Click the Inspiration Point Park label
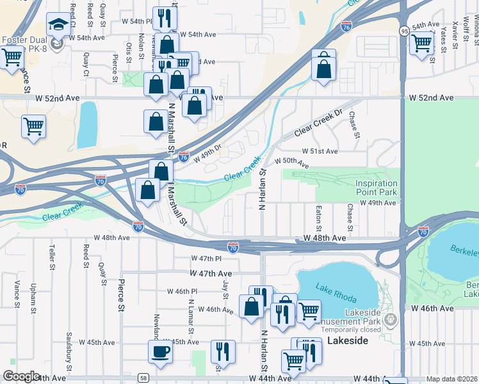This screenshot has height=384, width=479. (376, 188)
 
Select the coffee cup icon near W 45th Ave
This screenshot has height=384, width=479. (160, 351)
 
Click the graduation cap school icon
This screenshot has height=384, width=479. (59, 26)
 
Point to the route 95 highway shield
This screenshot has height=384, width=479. (404, 31)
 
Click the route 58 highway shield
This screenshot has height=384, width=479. (143, 378)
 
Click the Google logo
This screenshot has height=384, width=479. (21, 376)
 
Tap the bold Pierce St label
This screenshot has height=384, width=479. (120, 294)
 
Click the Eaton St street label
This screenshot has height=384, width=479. (318, 218)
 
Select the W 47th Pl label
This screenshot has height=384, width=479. (205, 259)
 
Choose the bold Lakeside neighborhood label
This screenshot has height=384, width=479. (347, 341)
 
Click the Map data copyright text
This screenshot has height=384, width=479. (452, 379)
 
